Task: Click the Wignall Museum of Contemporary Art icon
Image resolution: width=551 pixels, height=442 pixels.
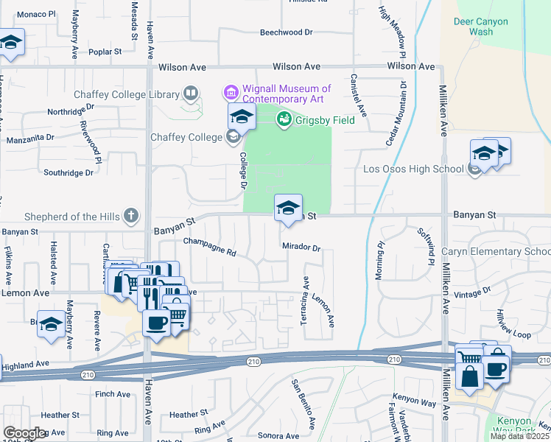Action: coord(230,93)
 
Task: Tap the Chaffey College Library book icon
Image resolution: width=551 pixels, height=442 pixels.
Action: coord(191,94)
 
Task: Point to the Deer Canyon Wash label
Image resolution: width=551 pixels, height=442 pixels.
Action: coord(481,27)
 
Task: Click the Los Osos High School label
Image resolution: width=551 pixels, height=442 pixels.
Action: coord(413,169)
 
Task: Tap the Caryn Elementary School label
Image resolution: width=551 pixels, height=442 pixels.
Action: coord(496,252)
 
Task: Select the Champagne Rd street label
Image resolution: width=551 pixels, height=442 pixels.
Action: coord(209,247)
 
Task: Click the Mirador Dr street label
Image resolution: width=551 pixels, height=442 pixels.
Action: coord(301,248)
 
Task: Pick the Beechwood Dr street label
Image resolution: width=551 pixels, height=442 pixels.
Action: coord(287,32)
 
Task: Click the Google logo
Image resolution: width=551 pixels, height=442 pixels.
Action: coord(24,433)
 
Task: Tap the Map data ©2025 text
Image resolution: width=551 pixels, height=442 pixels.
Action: coord(519,436)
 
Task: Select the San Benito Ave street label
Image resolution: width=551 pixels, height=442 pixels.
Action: coord(303,404)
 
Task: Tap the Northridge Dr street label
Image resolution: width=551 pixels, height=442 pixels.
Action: coord(71,109)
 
